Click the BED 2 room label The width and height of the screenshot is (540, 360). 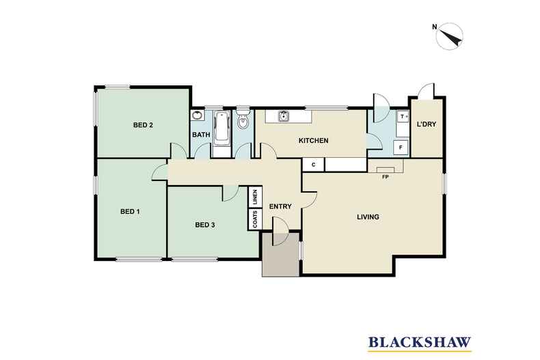[143, 125]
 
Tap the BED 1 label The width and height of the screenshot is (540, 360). [130, 211]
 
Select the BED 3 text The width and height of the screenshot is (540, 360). [205, 225]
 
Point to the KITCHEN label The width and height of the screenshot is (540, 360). [313, 141]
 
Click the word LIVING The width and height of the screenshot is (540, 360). [368, 217]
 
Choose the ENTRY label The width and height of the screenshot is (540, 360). [280, 206]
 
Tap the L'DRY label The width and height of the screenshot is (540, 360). [427, 124]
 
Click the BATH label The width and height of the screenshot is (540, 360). [201, 135]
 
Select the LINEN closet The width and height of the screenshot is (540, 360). [255, 197]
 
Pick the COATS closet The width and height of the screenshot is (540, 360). [255, 219]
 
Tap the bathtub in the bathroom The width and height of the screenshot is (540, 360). [221, 129]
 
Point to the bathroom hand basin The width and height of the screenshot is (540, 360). [197, 115]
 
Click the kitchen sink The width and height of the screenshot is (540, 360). [283, 116]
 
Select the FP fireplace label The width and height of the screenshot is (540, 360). [386, 177]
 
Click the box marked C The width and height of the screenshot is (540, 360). [313, 165]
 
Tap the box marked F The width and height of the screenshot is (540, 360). [401, 148]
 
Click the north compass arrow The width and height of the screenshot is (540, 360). [450, 36]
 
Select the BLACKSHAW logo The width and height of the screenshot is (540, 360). [420, 343]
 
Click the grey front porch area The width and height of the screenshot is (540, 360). [280, 255]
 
